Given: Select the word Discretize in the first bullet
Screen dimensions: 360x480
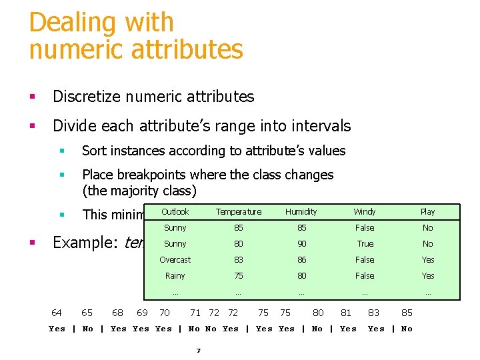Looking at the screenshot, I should coord(85,97).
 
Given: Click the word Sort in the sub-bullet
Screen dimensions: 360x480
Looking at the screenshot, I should coord(95,151).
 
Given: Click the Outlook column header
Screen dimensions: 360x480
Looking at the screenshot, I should coord(175,212).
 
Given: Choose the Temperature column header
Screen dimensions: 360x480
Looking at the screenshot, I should coord(238,212).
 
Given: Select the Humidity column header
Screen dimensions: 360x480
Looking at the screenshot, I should coord(301,212).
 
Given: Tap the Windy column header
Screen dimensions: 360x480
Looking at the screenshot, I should coord(365,212).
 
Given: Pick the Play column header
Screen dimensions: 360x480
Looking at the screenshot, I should coord(427,212).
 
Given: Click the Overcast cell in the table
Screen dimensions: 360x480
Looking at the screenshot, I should coord(175,260).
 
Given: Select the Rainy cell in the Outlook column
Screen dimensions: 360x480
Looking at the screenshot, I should coord(175,276).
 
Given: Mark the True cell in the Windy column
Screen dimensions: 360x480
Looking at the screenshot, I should coord(365,244).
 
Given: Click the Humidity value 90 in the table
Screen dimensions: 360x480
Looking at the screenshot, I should coord(301,244).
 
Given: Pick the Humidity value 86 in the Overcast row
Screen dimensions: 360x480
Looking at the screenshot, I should coord(301,260).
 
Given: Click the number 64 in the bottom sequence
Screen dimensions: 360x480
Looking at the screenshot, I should coord(57,313).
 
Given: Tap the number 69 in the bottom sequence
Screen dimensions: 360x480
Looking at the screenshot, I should coord(142,313).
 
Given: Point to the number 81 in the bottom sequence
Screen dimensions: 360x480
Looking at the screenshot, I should coord(346,313).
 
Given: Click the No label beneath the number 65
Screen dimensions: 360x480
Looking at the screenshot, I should coord(87,329).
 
